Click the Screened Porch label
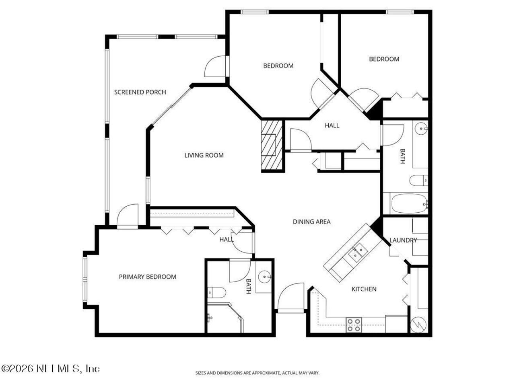pos(140,92)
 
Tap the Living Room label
pos(204,155)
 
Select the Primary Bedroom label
pos(147,277)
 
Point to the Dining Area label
pos(311,222)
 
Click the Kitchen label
pos(364,289)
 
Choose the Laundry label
pos(403,240)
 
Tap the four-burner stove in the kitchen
pos(354,325)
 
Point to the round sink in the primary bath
pos(264,277)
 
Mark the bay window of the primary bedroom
pos(85,280)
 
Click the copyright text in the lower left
pos(51,368)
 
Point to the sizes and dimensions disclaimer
pos(257,373)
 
